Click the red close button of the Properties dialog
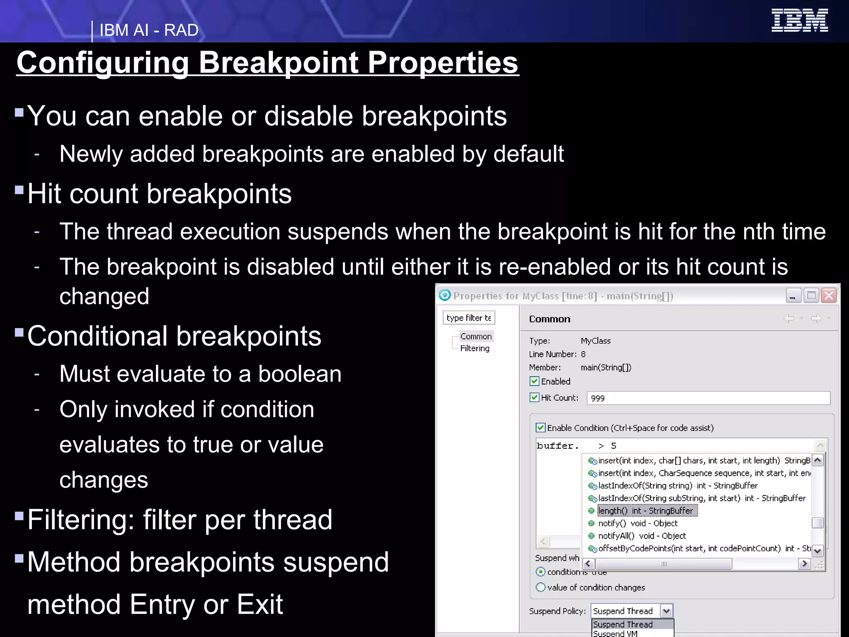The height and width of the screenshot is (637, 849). click(x=829, y=296)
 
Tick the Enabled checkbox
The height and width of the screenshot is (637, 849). click(x=534, y=381)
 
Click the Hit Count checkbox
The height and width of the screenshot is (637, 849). click(x=534, y=397)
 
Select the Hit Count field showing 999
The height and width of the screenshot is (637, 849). click(x=708, y=398)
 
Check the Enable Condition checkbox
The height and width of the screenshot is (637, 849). click(x=541, y=428)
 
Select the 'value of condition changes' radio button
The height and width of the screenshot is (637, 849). click(x=541, y=587)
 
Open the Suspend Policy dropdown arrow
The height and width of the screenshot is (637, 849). click(x=666, y=610)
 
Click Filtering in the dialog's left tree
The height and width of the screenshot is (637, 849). click(x=475, y=348)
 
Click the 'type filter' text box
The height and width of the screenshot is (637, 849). click(x=468, y=318)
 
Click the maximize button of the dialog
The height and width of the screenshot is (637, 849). click(x=811, y=296)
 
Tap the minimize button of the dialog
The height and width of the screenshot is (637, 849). click(x=793, y=296)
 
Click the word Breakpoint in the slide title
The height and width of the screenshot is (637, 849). click(x=279, y=63)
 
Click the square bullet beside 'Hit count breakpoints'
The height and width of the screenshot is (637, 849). click(x=19, y=190)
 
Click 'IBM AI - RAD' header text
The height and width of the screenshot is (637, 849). click(x=149, y=30)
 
